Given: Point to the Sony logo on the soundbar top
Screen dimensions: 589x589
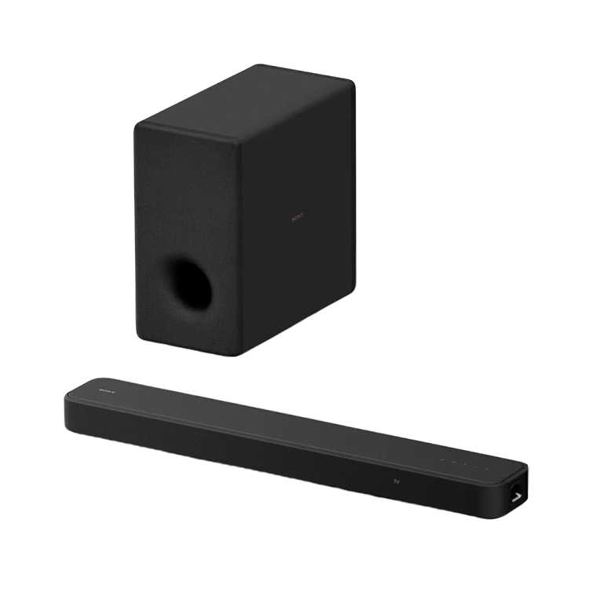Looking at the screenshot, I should pyautogui.click(x=105, y=387).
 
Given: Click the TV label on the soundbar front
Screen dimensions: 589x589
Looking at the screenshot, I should pyautogui.click(x=397, y=480).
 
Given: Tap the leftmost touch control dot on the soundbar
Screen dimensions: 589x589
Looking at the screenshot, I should pyautogui.click(x=441, y=459).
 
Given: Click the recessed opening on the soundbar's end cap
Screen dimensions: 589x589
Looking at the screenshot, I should pyautogui.click(x=517, y=496).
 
